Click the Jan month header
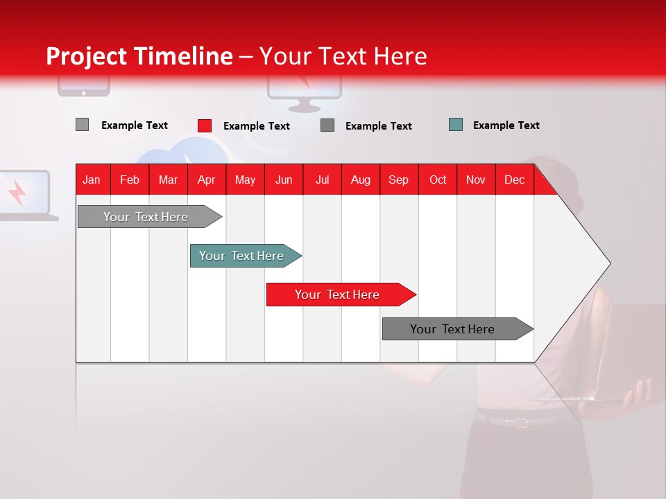click(x=92, y=180)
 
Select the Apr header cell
click(x=206, y=180)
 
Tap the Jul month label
click(x=322, y=180)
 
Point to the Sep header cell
click(x=398, y=180)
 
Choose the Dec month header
click(x=514, y=180)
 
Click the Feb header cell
click(x=130, y=180)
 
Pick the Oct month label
click(x=438, y=180)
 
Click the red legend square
click(x=205, y=125)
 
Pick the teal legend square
click(x=456, y=125)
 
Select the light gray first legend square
click(x=82, y=125)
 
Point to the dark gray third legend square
click(x=327, y=125)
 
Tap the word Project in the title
click(x=86, y=56)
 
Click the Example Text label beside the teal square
click(x=506, y=125)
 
